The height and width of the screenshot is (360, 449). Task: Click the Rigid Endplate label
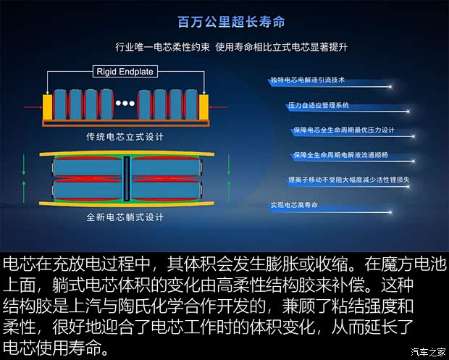point(124,71)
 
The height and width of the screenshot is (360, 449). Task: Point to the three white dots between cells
point(125,104)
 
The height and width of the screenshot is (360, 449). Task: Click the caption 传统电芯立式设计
point(125,136)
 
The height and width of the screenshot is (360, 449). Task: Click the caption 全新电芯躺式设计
point(125,217)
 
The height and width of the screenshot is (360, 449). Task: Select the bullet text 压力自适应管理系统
point(319,106)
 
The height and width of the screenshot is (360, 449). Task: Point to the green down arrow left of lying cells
point(25,165)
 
